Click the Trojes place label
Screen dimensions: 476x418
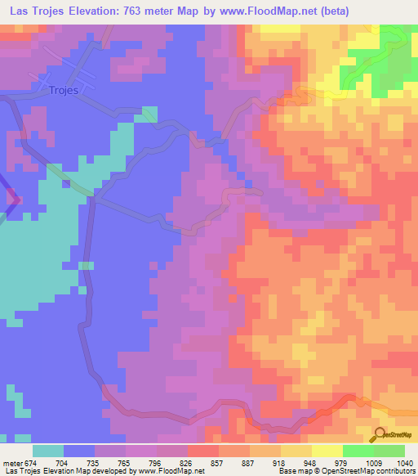(x=63, y=91)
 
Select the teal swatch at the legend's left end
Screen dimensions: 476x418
(x=48, y=450)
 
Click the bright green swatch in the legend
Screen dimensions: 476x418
(x=358, y=450)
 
